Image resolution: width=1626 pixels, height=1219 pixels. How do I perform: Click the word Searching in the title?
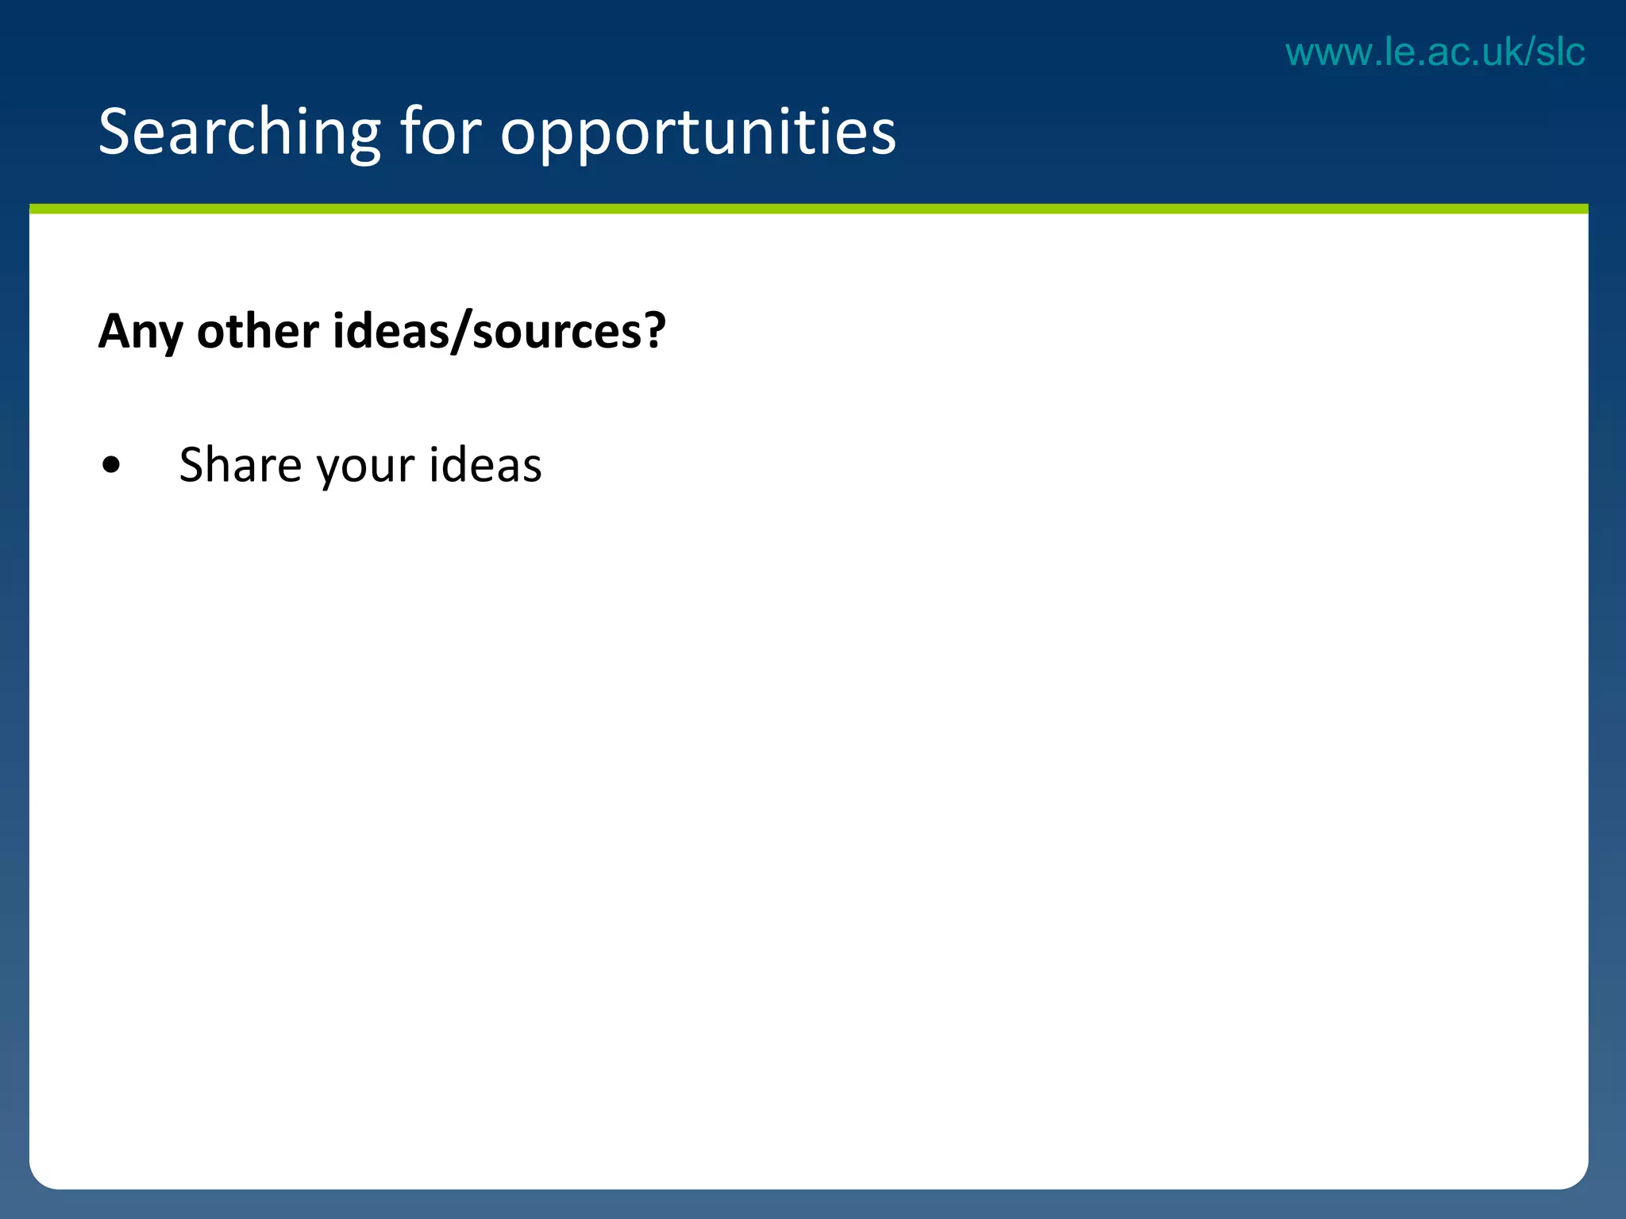pyautogui.click(x=239, y=133)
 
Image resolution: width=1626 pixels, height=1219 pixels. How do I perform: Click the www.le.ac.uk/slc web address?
pyautogui.click(x=1435, y=52)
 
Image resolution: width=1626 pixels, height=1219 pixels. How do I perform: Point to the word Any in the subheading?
pyautogui.click(x=140, y=332)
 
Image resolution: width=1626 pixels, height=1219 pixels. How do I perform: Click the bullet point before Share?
pyautogui.click(x=112, y=466)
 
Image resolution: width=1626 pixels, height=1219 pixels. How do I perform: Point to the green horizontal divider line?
pyautogui.click(x=808, y=209)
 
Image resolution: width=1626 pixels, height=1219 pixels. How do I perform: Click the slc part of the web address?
pyautogui.click(x=1559, y=52)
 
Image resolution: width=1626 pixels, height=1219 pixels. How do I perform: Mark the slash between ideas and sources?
pyautogui.click(x=460, y=332)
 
